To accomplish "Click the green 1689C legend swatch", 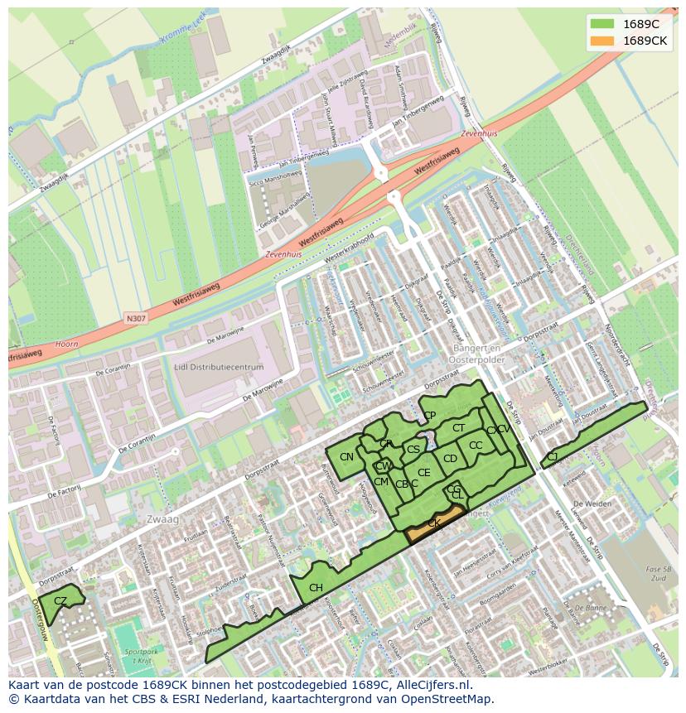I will [x=602, y=24].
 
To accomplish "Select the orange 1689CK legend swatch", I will [x=602, y=41].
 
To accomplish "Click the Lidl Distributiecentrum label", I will [x=219, y=367].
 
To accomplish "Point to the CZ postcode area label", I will [x=60, y=600].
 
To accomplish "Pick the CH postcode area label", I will [x=316, y=588].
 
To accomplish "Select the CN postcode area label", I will [x=346, y=457].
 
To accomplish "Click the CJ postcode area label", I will [x=552, y=456].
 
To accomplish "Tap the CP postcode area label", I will [x=429, y=416].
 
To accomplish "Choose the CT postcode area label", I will [x=458, y=428].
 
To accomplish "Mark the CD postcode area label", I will [x=450, y=459].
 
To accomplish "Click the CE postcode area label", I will [x=424, y=473].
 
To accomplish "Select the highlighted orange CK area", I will [x=435, y=523].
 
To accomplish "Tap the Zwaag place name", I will [x=162, y=518].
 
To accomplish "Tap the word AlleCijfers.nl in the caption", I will [x=432, y=685].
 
